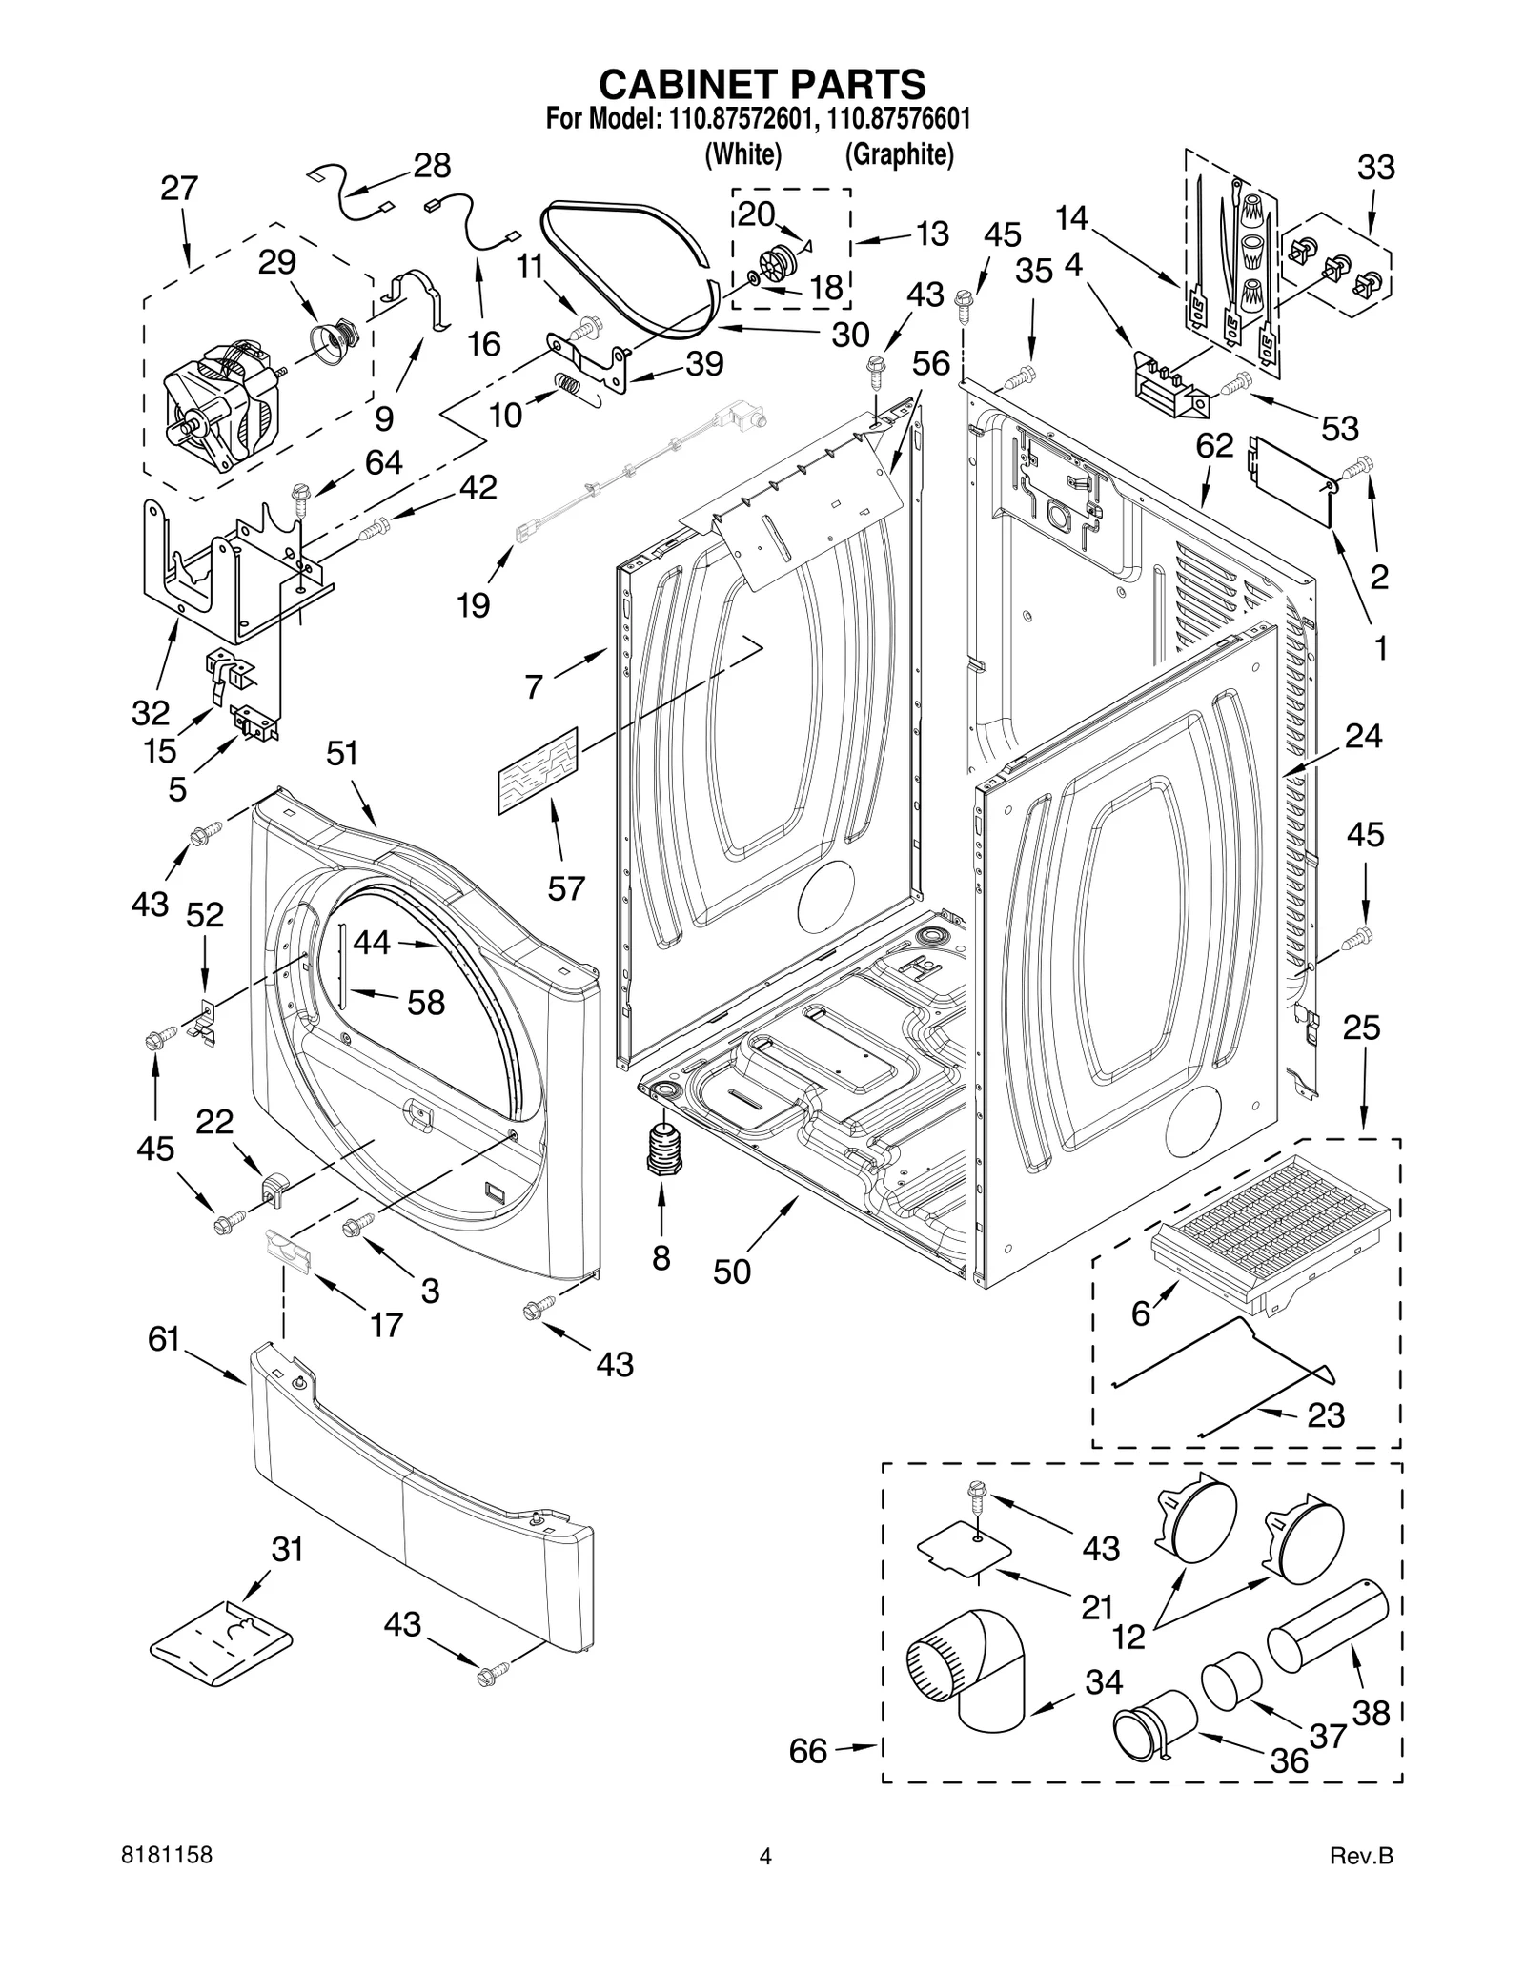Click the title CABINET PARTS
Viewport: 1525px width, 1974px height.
click(762, 84)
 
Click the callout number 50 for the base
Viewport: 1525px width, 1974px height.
click(731, 1272)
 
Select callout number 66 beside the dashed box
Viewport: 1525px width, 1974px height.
click(808, 1751)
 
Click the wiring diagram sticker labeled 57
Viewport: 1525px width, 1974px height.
click(538, 770)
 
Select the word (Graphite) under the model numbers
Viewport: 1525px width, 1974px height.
click(899, 153)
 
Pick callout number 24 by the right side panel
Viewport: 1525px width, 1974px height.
click(1363, 736)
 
